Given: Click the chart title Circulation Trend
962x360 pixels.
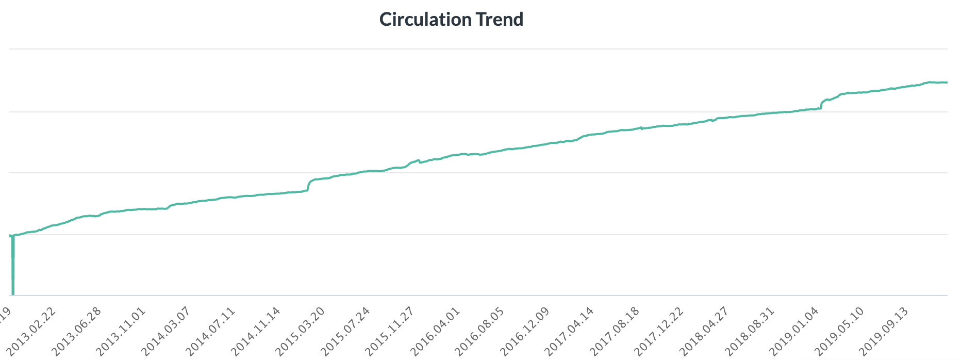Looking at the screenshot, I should click(x=451, y=20).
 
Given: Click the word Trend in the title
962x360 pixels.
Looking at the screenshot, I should click(x=499, y=20).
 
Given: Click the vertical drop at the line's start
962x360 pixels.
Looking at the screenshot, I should click(x=12, y=266).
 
